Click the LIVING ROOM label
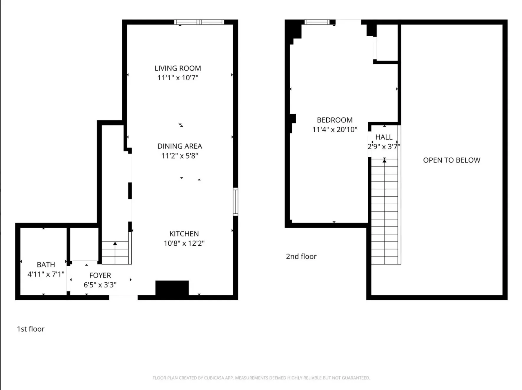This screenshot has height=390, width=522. click(x=178, y=68)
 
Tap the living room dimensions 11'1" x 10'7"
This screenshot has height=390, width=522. click(x=178, y=78)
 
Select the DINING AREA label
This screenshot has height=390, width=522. click(x=179, y=146)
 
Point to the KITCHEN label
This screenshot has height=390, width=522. click(x=184, y=234)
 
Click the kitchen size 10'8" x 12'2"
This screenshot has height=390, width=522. click(x=184, y=243)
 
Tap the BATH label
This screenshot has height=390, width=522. click(x=46, y=265)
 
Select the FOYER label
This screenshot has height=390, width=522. click(x=100, y=275)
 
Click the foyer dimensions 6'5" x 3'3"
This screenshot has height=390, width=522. click(x=100, y=285)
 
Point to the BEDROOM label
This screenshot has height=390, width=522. click(x=335, y=120)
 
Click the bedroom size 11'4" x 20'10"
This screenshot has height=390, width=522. click(x=335, y=129)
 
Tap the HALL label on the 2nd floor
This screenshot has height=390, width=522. click(x=384, y=137)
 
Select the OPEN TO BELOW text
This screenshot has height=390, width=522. click(x=451, y=160)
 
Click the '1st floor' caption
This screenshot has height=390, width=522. click(x=31, y=329)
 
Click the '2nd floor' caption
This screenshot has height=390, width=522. click(x=301, y=256)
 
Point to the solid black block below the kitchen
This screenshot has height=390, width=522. click(x=172, y=288)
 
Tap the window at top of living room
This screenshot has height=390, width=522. click(x=199, y=22)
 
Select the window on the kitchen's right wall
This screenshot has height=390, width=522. click(x=235, y=201)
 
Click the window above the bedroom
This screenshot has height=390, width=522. click(x=317, y=22)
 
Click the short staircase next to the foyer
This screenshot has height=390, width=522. click(x=115, y=253)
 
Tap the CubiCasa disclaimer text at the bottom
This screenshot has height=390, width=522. click(x=261, y=378)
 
